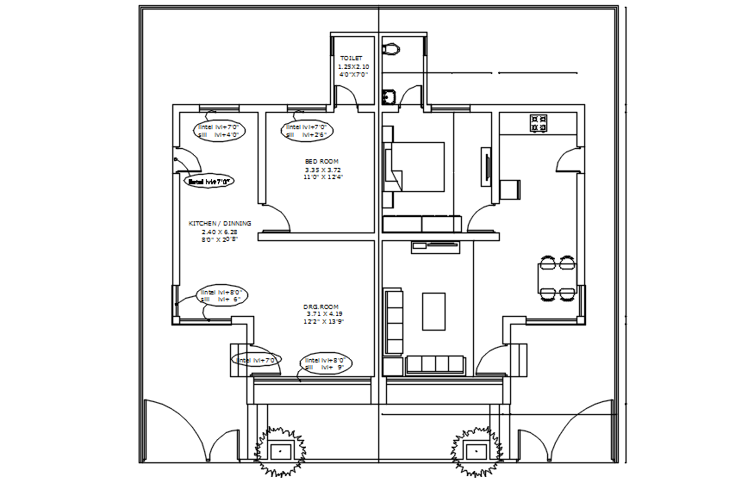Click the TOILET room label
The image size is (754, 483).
pyautogui.click(x=351, y=59)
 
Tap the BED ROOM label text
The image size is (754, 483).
pyautogui.click(x=321, y=161)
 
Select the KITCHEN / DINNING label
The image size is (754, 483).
pyautogui.click(x=220, y=223)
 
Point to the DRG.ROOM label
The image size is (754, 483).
pyautogui.click(x=321, y=307)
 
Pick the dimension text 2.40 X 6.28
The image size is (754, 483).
pyautogui.click(x=219, y=232)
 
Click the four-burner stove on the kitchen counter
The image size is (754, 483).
pyautogui.click(x=539, y=123)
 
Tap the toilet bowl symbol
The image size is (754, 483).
pyautogui.click(x=392, y=48)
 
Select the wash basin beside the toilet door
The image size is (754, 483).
pyautogui.click(x=389, y=96)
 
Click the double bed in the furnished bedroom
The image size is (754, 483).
pyautogui.click(x=417, y=167)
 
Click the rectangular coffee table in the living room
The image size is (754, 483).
pyautogui.click(x=433, y=311)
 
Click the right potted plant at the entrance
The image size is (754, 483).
pyautogui.click(x=475, y=450)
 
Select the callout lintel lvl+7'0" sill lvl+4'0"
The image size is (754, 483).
pyautogui.click(x=220, y=130)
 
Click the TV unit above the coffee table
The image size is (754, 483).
pyautogui.click(x=436, y=247)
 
